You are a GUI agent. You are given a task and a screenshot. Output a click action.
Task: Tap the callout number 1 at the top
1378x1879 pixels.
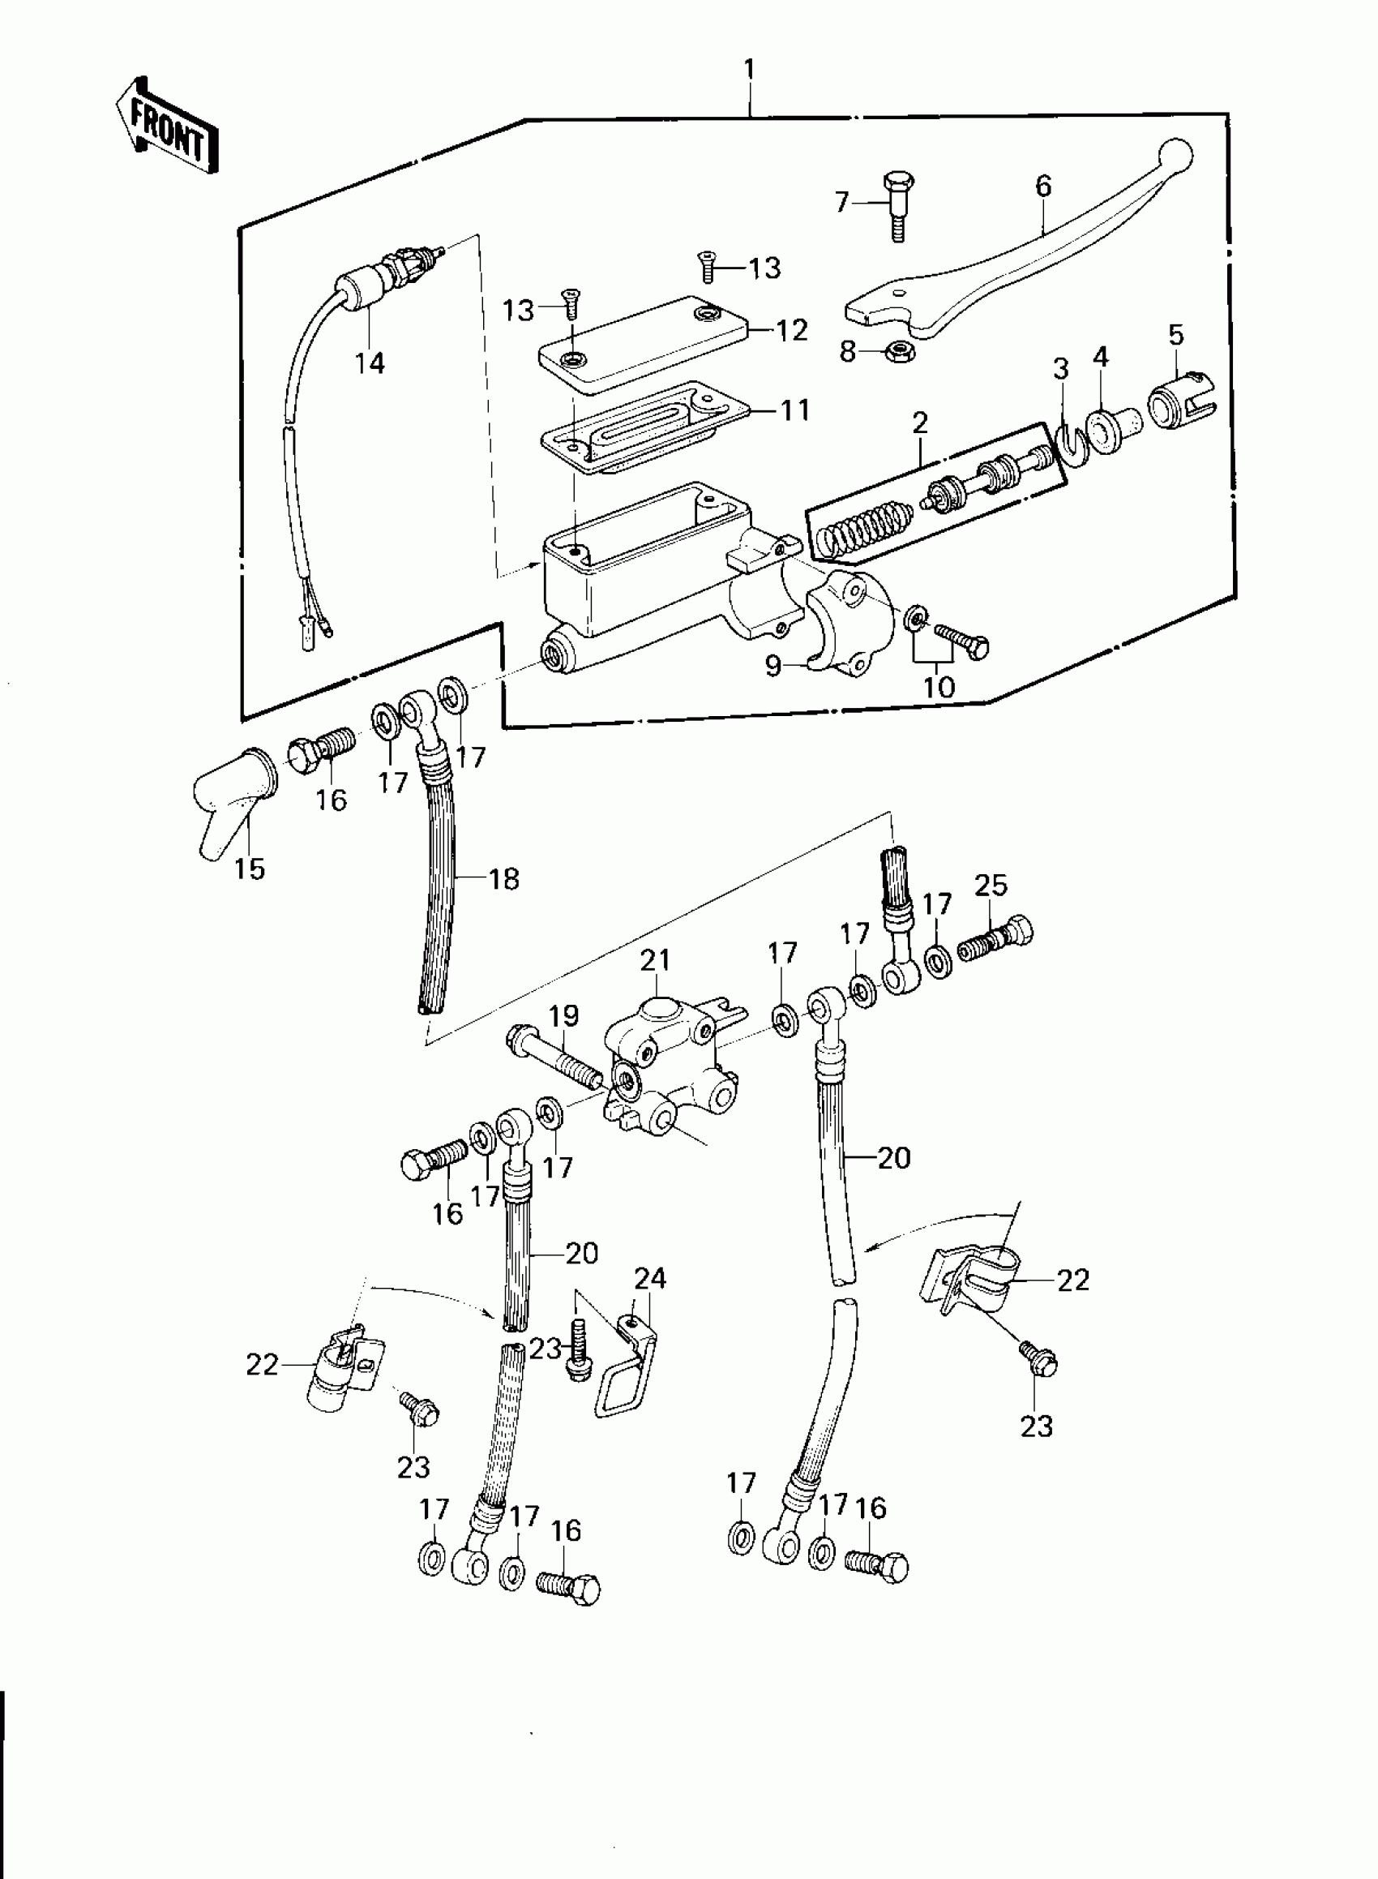(x=749, y=69)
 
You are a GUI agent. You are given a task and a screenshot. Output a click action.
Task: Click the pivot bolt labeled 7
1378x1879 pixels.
(x=896, y=204)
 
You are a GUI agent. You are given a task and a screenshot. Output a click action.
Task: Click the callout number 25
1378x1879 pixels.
(x=991, y=886)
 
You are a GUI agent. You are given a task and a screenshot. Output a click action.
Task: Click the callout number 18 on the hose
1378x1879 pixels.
(x=504, y=878)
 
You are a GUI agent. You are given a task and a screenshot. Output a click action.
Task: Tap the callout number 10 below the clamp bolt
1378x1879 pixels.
(x=939, y=687)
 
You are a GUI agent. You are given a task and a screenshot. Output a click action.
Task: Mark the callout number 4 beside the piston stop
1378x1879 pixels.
(x=1101, y=358)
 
